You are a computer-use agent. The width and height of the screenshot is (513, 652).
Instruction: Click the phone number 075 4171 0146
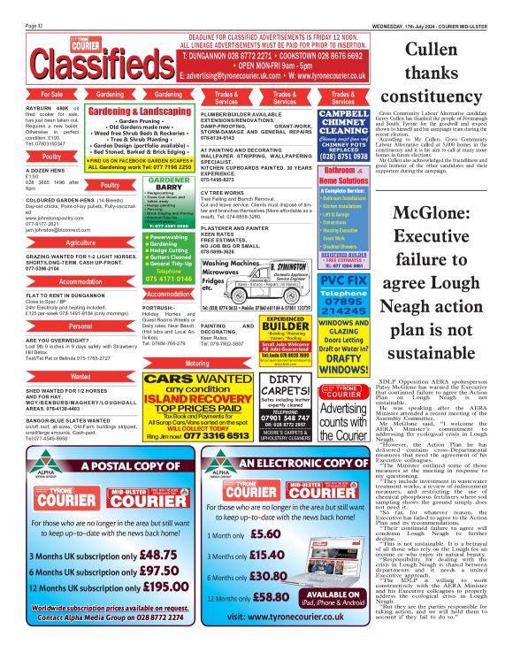pyautogui.click(x=168, y=277)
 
